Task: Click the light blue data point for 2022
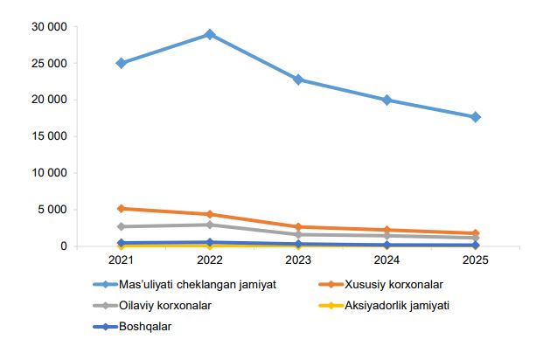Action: (x=210, y=34)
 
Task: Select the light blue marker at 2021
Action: (x=121, y=63)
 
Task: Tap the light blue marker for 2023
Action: (x=298, y=80)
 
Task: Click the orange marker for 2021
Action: (x=121, y=209)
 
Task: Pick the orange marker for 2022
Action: (x=210, y=214)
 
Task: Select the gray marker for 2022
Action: (x=210, y=225)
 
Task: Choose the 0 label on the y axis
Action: (x=63, y=246)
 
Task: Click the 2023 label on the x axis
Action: (x=298, y=260)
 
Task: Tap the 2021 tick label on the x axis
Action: (x=121, y=260)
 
